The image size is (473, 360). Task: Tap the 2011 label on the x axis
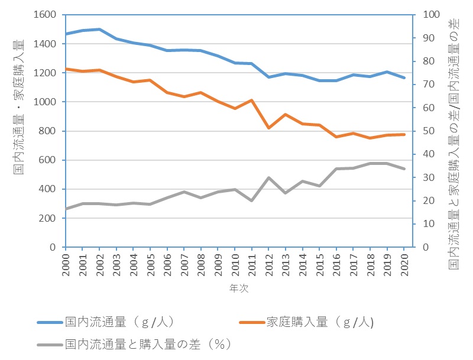coord(251,269)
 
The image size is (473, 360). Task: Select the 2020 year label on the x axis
coord(404,269)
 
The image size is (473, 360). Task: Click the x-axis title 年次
coord(235,290)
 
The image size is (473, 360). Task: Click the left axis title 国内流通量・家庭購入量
coord(19,106)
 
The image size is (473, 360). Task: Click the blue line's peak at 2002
coord(99,29)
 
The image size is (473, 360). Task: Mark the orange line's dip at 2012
coord(269,128)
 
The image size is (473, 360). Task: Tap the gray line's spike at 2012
coord(269,177)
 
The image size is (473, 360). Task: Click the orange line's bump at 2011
coord(252,100)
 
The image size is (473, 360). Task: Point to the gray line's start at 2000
coord(66,209)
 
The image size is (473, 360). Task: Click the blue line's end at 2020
coord(404,78)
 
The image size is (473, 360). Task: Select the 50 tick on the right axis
coord(423,131)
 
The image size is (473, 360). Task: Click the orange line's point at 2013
coord(286,114)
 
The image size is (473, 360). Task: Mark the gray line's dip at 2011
coord(252,201)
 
